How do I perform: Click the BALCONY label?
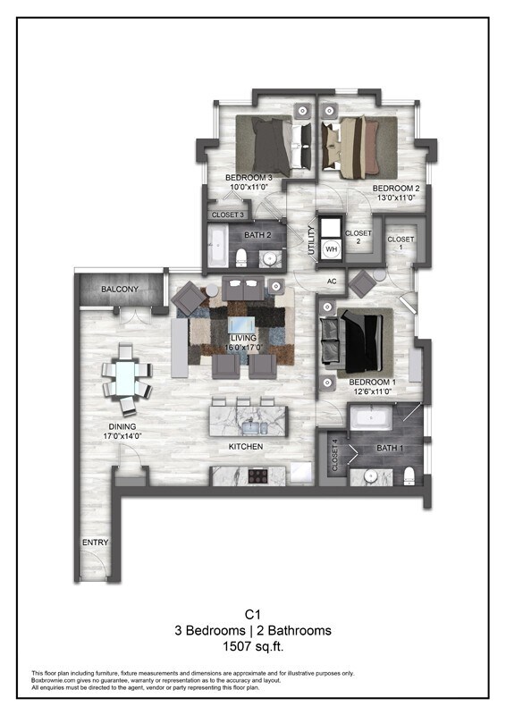click(x=119, y=290)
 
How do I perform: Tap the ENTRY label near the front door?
click(x=94, y=543)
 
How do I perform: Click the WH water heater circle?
click(x=331, y=248)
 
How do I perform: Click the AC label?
click(x=332, y=281)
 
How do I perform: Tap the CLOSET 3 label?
click(x=227, y=215)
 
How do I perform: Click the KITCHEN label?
click(x=244, y=446)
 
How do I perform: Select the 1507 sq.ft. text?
click(x=252, y=646)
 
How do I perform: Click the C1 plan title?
click(x=252, y=615)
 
